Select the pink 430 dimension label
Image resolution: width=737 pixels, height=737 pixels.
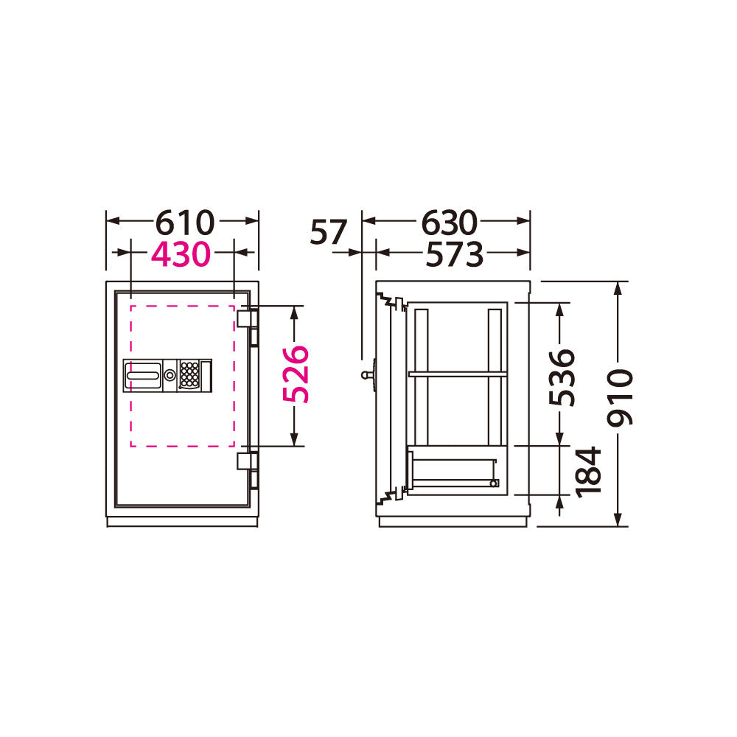(x=181, y=254)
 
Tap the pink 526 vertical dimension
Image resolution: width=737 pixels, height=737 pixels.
(x=296, y=374)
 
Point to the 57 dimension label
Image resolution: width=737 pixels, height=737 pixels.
(x=329, y=231)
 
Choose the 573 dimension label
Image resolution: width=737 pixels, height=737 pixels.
(x=455, y=254)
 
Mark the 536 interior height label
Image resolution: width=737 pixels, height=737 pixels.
(x=562, y=377)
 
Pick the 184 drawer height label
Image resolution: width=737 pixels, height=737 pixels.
(x=588, y=472)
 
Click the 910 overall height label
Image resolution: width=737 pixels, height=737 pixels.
(x=620, y=398)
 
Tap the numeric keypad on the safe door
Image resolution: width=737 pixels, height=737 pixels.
(x=189, y=375)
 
